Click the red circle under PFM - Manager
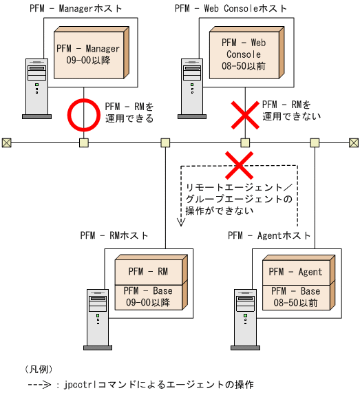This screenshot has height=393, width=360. click(83, 116)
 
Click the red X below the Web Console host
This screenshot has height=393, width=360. click(244, 116)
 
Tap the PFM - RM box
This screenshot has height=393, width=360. click(150, 272)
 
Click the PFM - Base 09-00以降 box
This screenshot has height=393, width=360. click(150, 297)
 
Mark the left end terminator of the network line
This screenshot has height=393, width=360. click(6, 142)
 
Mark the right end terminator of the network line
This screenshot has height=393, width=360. click(354, 142)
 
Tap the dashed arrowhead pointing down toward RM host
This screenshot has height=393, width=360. click(180, 222)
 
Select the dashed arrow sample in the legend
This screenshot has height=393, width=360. click(42, 384)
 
